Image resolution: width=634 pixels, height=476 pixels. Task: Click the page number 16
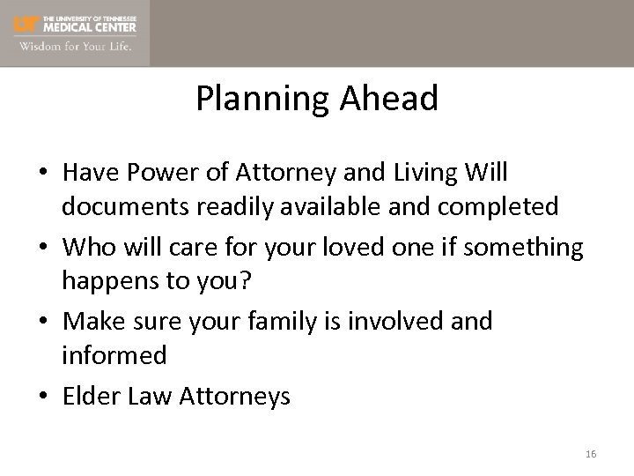(x=590, y=454)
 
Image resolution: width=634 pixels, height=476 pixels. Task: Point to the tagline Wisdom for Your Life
(x=76, y=46)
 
